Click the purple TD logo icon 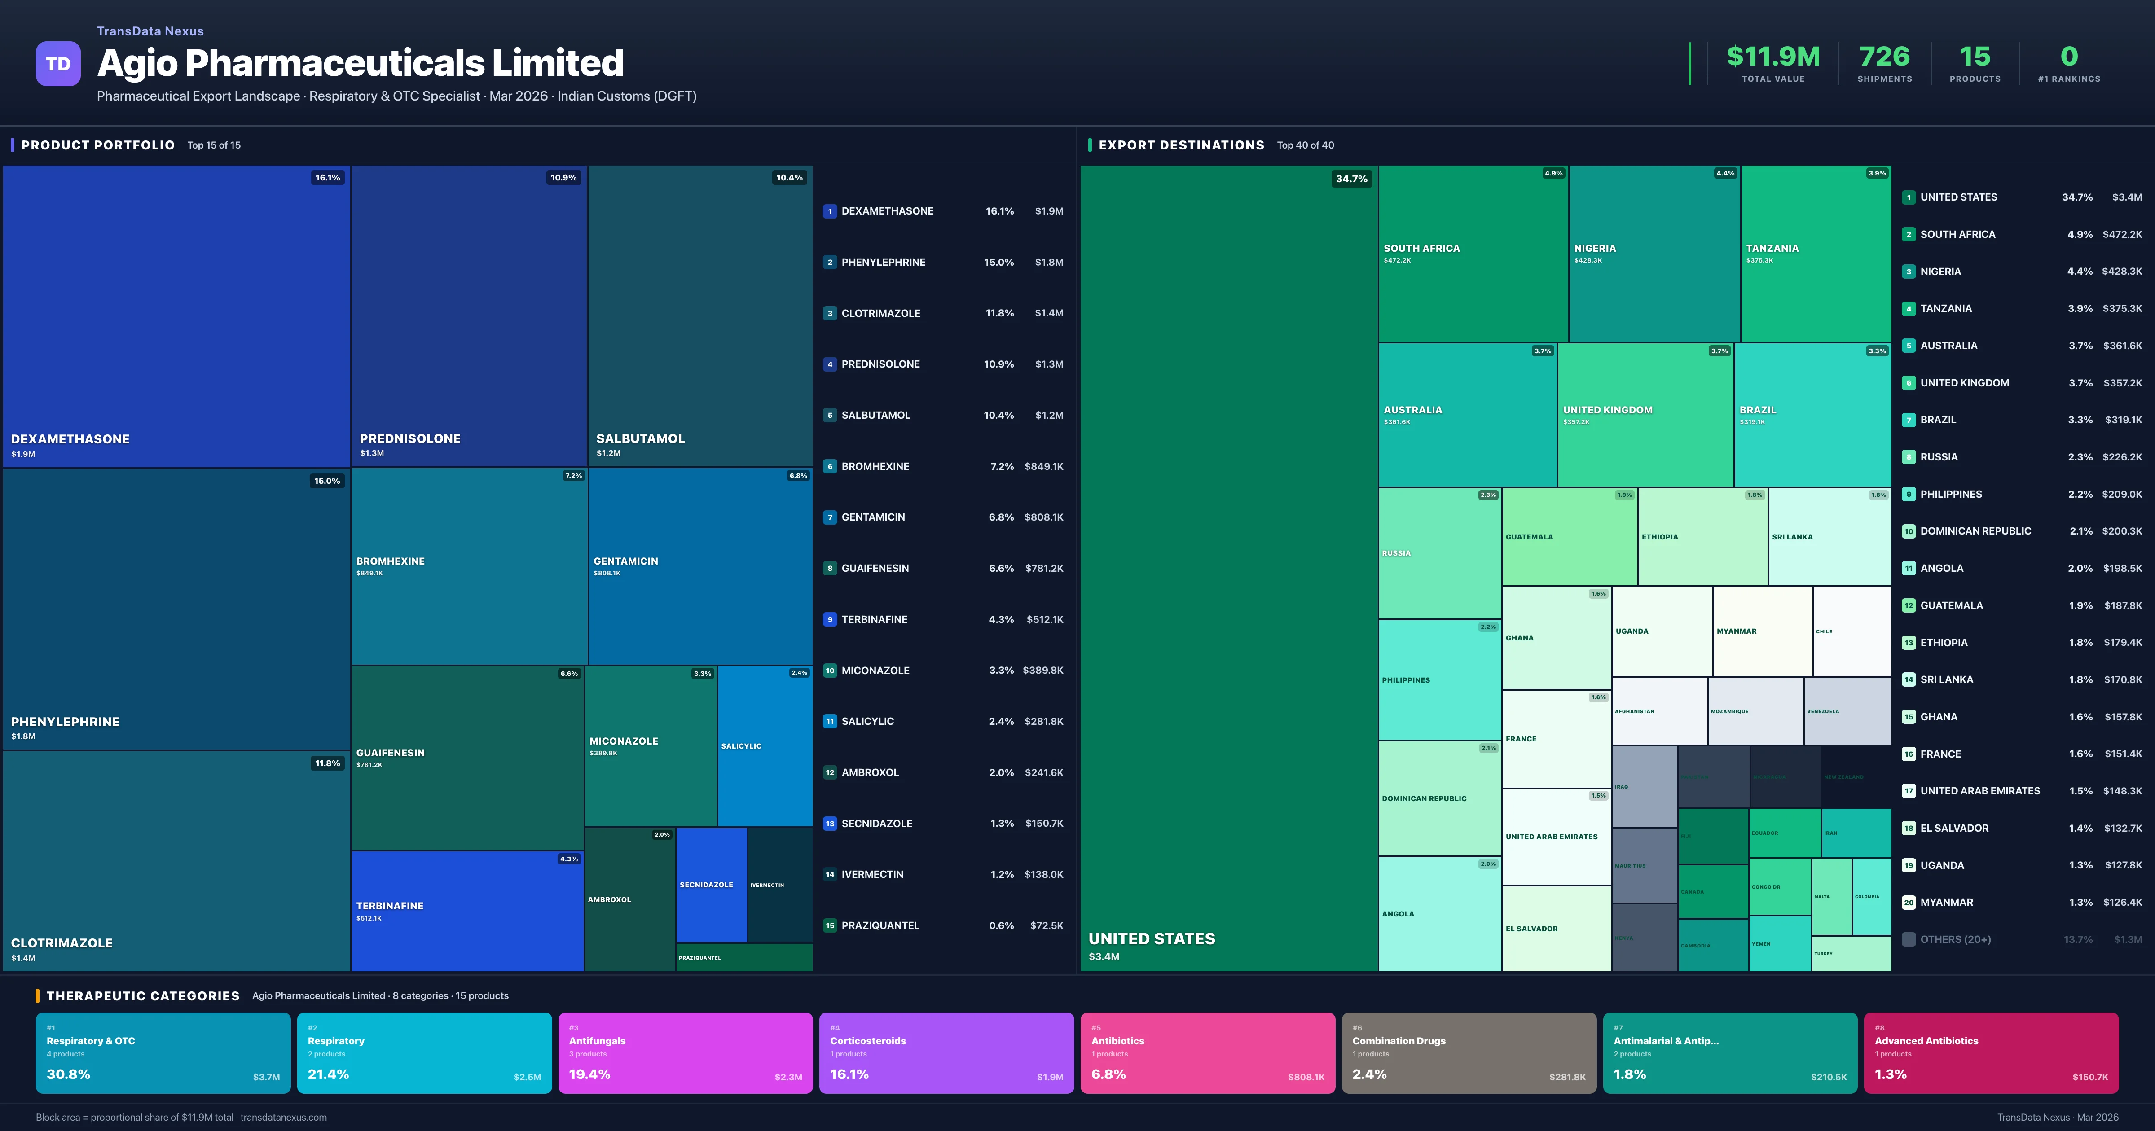tap(58, 64)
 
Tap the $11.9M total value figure tap(1772, 57)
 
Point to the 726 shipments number tap(1884, 57)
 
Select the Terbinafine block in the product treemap tap(467, 910)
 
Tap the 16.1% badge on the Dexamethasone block tap(327, 177)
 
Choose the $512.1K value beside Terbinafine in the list tap(1043, 619)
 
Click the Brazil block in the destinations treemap tap(1812, 415)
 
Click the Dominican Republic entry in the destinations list tap(1975, 531)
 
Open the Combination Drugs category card tap(1468, 1052)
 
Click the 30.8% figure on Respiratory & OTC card tap(69, 1074)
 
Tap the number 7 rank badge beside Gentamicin tap(830, 517)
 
